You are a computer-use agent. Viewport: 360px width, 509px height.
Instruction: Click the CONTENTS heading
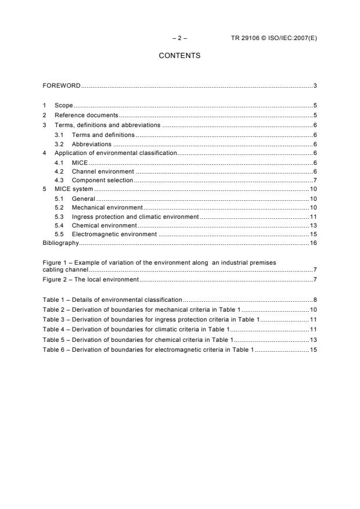pyautogui.click(x=179, y=56)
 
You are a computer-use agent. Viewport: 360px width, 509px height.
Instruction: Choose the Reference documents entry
pyautogui.click(x=86, y=115)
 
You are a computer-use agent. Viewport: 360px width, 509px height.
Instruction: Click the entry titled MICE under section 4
pyautogui.click(x=80, y=162)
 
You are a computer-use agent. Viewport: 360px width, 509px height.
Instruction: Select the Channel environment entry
pyautogui.click(x=103, y=171)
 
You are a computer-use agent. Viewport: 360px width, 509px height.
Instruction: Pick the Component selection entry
pyautogui.click(x=102, y=181)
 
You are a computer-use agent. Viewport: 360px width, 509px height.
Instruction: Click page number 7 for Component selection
pyautogui.click(x=314, y=181)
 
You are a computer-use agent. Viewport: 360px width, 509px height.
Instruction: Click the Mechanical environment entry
pyautogui.click(x=107, y=207)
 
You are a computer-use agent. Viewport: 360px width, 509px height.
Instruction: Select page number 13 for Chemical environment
pyautogui.click(x=312, y=225)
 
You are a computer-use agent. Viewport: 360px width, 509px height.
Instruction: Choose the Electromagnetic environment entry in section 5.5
pyautogui.click(x=114, y=234)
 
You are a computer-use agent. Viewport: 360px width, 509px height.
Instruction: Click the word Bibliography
pyautogui.click(x=61, y=243)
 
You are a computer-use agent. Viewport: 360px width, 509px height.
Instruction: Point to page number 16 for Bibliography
pyautogui.click(x=312, y=243)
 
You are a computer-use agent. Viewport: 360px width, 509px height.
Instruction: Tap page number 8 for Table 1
pyautogui.click(x=314, y=299)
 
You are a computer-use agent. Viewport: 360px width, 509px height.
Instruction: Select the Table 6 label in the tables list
pyautogui.click(x=54, y=350)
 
